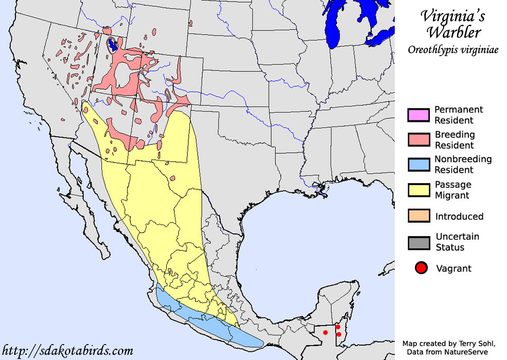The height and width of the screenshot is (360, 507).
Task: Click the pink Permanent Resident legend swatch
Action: pos(418,115)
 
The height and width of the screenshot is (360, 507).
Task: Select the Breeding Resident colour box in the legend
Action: pos(418,140)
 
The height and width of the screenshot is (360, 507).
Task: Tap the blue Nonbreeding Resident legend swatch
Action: pos(418,165)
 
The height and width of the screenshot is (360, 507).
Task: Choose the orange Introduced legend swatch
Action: pos(418,216)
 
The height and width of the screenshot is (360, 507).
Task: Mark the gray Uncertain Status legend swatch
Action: pos(418,242)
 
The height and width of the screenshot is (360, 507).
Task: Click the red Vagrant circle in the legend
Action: pos(422,268)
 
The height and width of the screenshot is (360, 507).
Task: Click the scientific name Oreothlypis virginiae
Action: pos(452,50)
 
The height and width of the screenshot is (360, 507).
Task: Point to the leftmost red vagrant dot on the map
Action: pos(325,332)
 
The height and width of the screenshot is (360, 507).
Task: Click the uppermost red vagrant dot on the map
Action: pos(338,327)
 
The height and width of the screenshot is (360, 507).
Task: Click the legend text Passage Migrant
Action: pos(452,190)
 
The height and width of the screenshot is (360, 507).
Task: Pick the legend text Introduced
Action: pos(459,216)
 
